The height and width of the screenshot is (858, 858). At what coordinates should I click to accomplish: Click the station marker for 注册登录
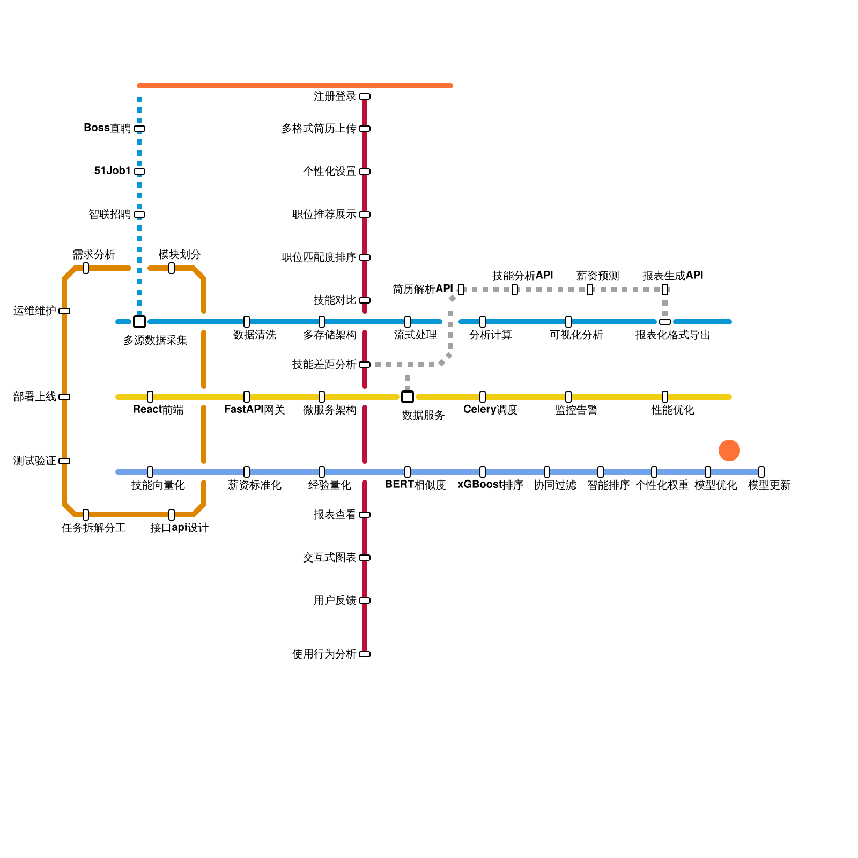coord(365,97)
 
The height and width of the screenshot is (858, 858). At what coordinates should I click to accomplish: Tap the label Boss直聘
coord(107,128)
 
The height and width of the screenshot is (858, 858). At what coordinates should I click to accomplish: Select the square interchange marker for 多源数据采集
coord(139,322)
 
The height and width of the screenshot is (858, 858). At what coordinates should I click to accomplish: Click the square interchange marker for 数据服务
coord(408,397)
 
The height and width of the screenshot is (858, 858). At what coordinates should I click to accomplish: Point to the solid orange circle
coord(729,450)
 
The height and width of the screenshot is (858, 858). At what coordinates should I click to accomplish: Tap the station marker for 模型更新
coord(761,472)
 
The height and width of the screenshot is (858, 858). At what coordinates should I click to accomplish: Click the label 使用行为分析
coord(324,654)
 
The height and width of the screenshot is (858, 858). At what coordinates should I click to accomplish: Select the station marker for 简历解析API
coord(461,290)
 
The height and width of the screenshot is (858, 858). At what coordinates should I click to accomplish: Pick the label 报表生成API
coord(672,276)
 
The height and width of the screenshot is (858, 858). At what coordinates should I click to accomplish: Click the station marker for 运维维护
coord(64,311)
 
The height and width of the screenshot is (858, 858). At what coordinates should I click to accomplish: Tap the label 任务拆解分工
coord(93,528)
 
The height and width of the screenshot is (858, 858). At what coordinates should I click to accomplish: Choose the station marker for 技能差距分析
coord(365,365)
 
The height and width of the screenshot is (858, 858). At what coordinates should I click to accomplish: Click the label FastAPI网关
coord(254,410)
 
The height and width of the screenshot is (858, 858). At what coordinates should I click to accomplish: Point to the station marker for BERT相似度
coord(408,472)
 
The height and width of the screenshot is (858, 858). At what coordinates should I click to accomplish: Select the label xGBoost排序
coord(490,485)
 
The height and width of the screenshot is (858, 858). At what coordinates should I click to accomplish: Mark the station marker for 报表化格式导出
coord(665,322)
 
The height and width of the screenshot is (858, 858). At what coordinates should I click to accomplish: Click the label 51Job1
coord(113,171)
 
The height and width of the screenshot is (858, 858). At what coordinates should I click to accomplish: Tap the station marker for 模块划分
coord(172,268)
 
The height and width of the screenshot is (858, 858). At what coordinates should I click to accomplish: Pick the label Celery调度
coord(490,410)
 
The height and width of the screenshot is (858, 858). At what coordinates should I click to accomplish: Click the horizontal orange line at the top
coord(295,86)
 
